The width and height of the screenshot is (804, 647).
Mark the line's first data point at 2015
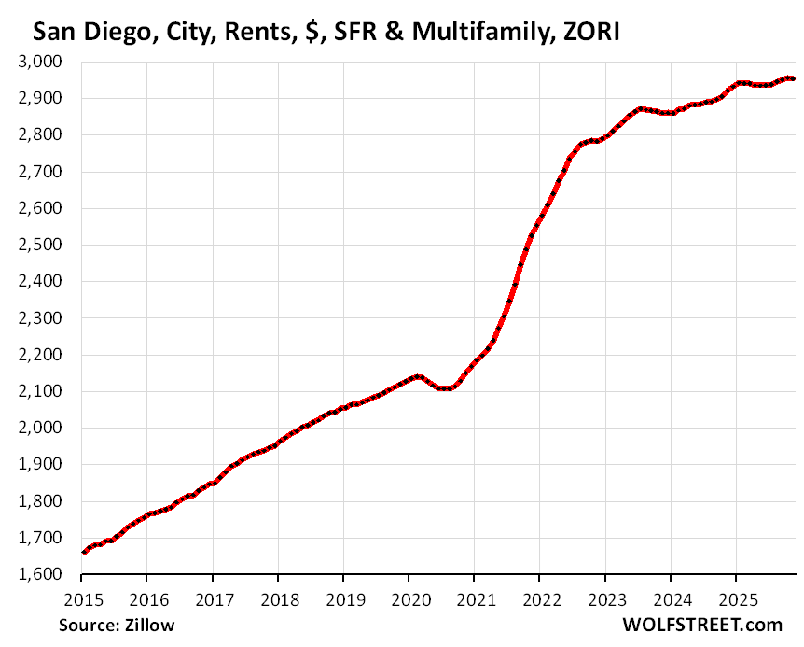click(x=84, y=552)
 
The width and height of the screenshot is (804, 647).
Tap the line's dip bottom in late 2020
click(x=446, y=387)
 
